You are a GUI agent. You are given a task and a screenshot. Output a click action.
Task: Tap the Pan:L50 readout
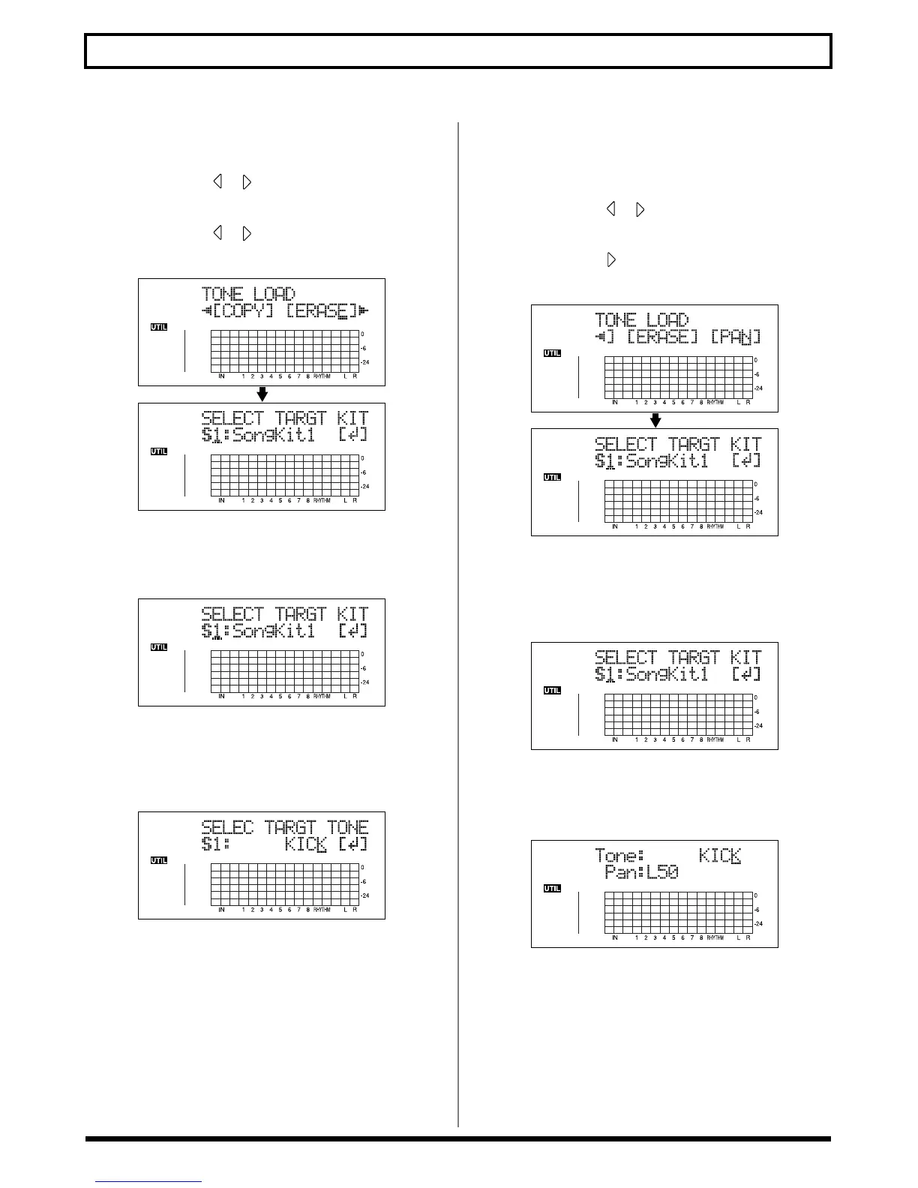click(x=641, y=873)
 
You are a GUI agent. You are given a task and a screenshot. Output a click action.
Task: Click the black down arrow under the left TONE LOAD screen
click(x=262, y=394)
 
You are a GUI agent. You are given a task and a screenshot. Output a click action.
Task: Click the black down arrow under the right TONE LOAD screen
click(x=655, y=420)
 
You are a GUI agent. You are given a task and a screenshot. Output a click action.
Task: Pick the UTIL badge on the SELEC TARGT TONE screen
click(x=158, y=860)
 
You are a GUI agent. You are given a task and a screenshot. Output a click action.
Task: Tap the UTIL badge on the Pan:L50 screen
click(x=552, y=889)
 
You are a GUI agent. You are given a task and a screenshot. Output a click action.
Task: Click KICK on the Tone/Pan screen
click(x=719, y=855)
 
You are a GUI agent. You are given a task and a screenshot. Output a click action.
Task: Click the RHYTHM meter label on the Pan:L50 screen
click(x=715, y=938)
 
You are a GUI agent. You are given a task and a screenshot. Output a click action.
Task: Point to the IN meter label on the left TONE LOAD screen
click(x=221, y=376)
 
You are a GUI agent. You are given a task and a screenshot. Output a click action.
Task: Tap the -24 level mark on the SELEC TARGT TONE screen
click(x=365, y=895)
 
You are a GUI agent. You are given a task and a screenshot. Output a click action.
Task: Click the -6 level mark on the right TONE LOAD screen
click(x=757, y=374)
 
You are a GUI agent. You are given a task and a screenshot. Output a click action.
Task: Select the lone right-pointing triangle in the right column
click(x=611, y=260)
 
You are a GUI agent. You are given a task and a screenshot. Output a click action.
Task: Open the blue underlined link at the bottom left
click(x=148, y=1182)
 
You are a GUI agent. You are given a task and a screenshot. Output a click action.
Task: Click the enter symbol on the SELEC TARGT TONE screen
click(x=352, y=845)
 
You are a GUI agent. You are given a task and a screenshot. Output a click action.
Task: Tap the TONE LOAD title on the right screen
click(x=641, y=320)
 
